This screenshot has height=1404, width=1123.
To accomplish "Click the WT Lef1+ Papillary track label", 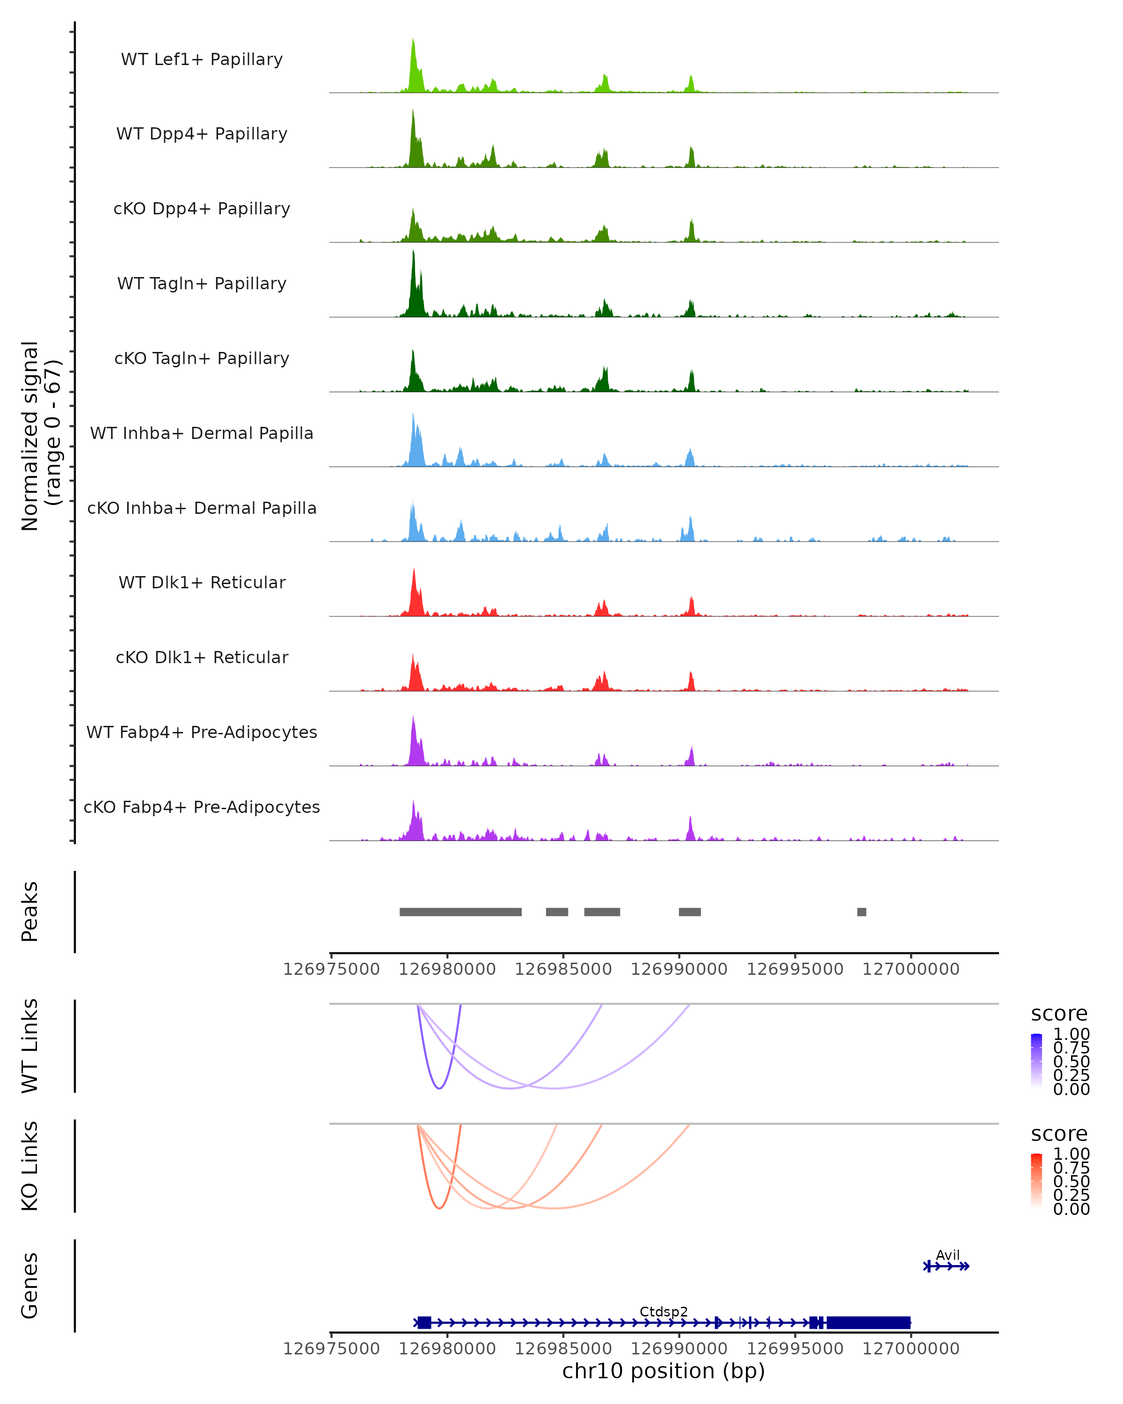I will coord(202,59).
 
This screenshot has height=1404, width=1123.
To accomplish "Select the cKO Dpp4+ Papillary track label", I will coord(202,209).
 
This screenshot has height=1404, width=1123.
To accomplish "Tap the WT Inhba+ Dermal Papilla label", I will coord(202,434).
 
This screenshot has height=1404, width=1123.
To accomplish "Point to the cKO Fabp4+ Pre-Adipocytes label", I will coord(202,807).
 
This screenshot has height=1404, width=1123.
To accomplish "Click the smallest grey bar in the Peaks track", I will coord(861,912).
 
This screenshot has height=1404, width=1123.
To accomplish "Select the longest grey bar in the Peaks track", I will coord(460,912).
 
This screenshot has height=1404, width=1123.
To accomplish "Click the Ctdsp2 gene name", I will coord(664,1311).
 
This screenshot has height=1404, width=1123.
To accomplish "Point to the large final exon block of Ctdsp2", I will coord(868,1323).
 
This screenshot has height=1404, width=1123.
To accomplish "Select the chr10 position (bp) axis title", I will coord(664,1371).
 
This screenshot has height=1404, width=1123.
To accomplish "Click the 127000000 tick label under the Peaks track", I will coord(911,969).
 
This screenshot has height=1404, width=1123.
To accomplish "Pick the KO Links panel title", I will coord(30,1166).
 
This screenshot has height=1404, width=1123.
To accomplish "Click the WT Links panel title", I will coord(30,1046).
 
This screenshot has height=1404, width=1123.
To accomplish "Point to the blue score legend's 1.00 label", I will coord(1072,1034).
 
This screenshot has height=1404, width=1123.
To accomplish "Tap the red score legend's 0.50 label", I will coord(1072,1181).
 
